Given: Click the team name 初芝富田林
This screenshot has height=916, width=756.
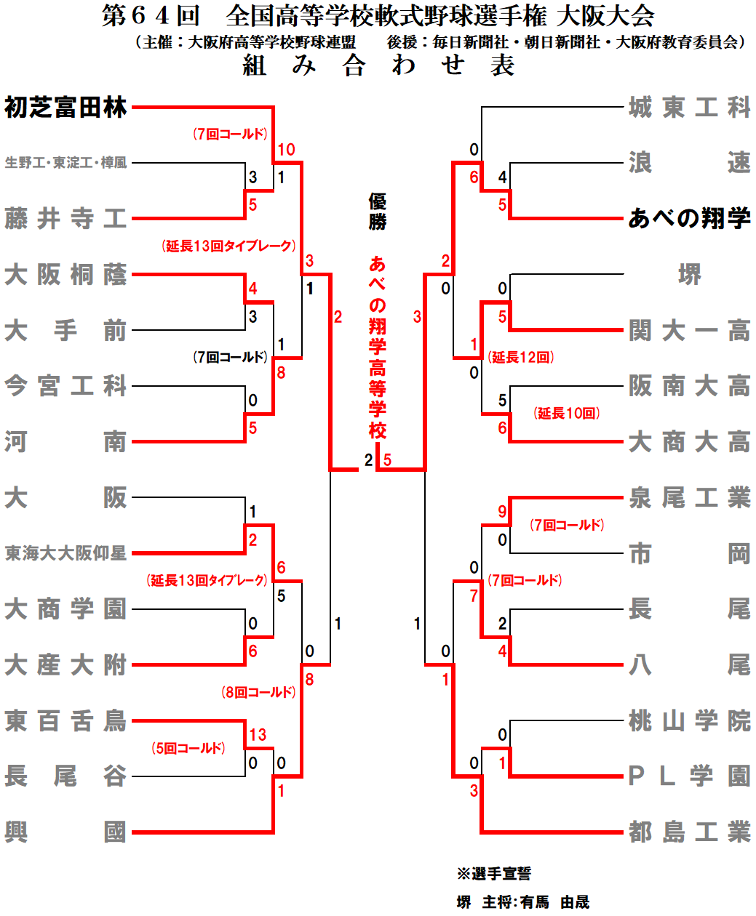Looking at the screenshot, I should pyautogui.click(x=65, y=108).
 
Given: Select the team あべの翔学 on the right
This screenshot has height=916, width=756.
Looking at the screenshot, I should pyautogui.click(x=689, y=218).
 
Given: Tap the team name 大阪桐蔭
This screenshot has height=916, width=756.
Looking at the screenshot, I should pyautogui.click(x=65, y=275).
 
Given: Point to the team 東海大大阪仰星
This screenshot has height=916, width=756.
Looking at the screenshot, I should pyautogui.click(x=65, y=553).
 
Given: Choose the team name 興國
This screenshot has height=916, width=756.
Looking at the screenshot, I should pyautogui.click(x=65, y=832).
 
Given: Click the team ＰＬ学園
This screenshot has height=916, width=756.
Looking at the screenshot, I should pyautogui.click(x=689, y=776).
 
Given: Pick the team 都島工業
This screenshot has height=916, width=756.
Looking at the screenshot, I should pyautogui.click(x=689, y=832).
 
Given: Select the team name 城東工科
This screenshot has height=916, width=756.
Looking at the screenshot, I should pyautogui.click(x=689, y=108).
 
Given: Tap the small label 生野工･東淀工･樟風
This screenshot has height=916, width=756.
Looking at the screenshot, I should pyautogui.click(x=65, y=163).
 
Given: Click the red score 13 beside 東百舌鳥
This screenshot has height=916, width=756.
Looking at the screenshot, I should pyautogui.click(x=258, y=735).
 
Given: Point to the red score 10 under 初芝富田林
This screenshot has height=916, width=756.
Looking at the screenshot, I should pyautogui.click(x=286, y=150).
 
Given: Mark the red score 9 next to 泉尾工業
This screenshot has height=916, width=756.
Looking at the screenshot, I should pyautogui.click(x=502, y=512).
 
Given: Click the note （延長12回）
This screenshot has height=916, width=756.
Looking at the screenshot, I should pyautogui.click(x=521, y=357).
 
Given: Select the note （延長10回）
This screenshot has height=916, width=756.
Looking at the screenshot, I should pyautogui.click(x=566, y=413).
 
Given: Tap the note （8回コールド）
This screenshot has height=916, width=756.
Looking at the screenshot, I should pyautogui.click(x=258, y=692).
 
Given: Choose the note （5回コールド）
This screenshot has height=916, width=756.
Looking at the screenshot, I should pyautogui.click(x=188, y=748).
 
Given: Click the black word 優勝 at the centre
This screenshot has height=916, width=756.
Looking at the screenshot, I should pyautogui.click(x=377, y=212).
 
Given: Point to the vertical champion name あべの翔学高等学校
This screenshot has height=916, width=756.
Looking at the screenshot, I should pyautogui.click(x=377, y=347).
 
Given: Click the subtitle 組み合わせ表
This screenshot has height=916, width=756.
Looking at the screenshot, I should pyautogui.click(x=378, y=66).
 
